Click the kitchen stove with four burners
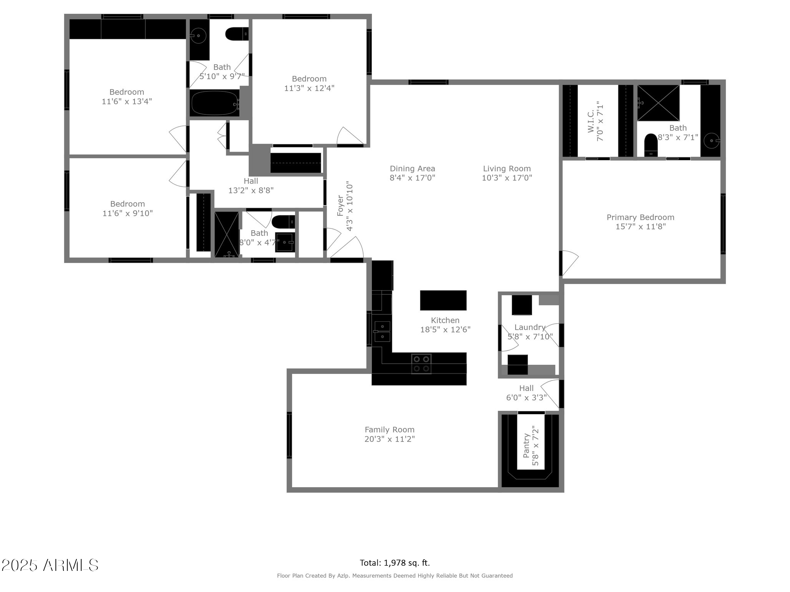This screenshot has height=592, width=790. [x=421, y=364]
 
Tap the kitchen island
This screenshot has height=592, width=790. [x=443, y=300]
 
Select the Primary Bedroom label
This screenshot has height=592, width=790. [x=641, y=217]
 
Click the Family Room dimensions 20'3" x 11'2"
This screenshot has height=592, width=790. [x=390, y=439]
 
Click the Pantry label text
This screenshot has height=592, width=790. [x=526, y=446]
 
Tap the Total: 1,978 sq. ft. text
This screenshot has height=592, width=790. [x=395, y=563]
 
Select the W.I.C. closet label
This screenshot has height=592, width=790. [x=591, y=121]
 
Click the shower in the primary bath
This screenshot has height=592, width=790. [x=658, y=103]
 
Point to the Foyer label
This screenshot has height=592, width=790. [x=340, y=206]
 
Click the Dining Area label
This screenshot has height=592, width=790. [x=412, y=169]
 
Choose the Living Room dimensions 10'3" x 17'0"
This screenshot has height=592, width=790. [x=507, y=178]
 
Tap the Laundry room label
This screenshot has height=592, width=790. [x=530, y=327]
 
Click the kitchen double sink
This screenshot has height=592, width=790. [x=382, y=331]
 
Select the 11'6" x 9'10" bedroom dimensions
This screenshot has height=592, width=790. [x=128, y=213]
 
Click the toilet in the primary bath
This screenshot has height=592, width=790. [x=651, y=145]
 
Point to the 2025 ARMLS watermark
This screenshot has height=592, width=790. [x=50, y=565]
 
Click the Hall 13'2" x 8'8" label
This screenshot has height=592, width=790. [x=251, y=185]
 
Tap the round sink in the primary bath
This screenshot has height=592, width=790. [x=711, y=141]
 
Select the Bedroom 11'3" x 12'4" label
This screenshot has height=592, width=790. [x=309, y=83]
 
